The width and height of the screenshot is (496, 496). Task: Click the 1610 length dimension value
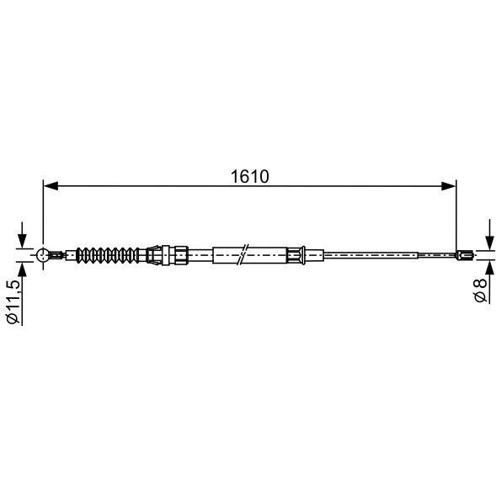[249, 177]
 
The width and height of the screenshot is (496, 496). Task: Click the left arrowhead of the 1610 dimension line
[51, 186]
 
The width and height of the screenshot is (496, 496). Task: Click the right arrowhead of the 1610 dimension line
[448, 186]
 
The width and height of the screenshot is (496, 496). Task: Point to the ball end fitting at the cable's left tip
[42, 254]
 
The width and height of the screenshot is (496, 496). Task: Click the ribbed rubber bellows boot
[108, 254]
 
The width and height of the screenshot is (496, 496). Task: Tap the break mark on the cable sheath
[243, 255]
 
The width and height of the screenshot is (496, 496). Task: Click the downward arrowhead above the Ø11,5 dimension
[22, 241]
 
